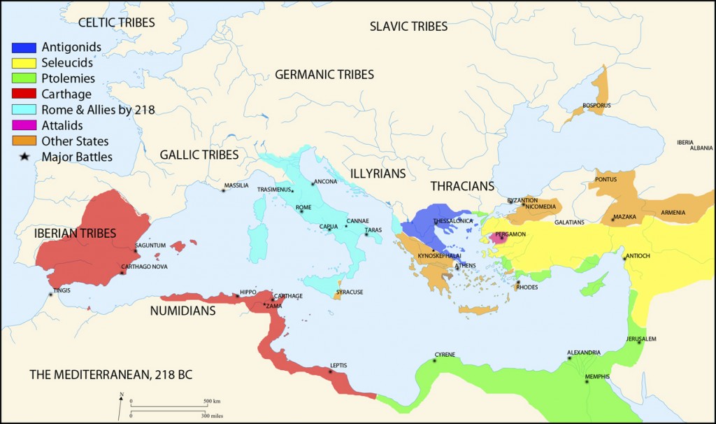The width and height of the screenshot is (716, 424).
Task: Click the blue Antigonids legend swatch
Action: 24,48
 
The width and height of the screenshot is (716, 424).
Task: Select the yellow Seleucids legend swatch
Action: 24,64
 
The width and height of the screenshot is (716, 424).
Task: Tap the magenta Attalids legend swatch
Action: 24,126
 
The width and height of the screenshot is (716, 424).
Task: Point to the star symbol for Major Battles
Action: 24,157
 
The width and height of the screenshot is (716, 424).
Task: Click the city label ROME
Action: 303,207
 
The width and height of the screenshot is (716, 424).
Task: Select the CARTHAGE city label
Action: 288,296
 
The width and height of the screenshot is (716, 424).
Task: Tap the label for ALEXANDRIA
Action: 583,353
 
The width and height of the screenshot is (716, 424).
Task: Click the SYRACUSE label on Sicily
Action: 350,292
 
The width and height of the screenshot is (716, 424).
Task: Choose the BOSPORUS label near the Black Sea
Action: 596,106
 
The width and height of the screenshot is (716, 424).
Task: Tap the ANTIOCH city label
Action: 637,256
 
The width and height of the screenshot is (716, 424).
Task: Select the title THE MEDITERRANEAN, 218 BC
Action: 110,375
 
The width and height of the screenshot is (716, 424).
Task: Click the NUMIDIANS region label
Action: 182,311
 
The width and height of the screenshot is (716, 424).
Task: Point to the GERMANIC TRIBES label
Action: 324,75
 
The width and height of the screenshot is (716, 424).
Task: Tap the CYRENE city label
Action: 445,355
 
